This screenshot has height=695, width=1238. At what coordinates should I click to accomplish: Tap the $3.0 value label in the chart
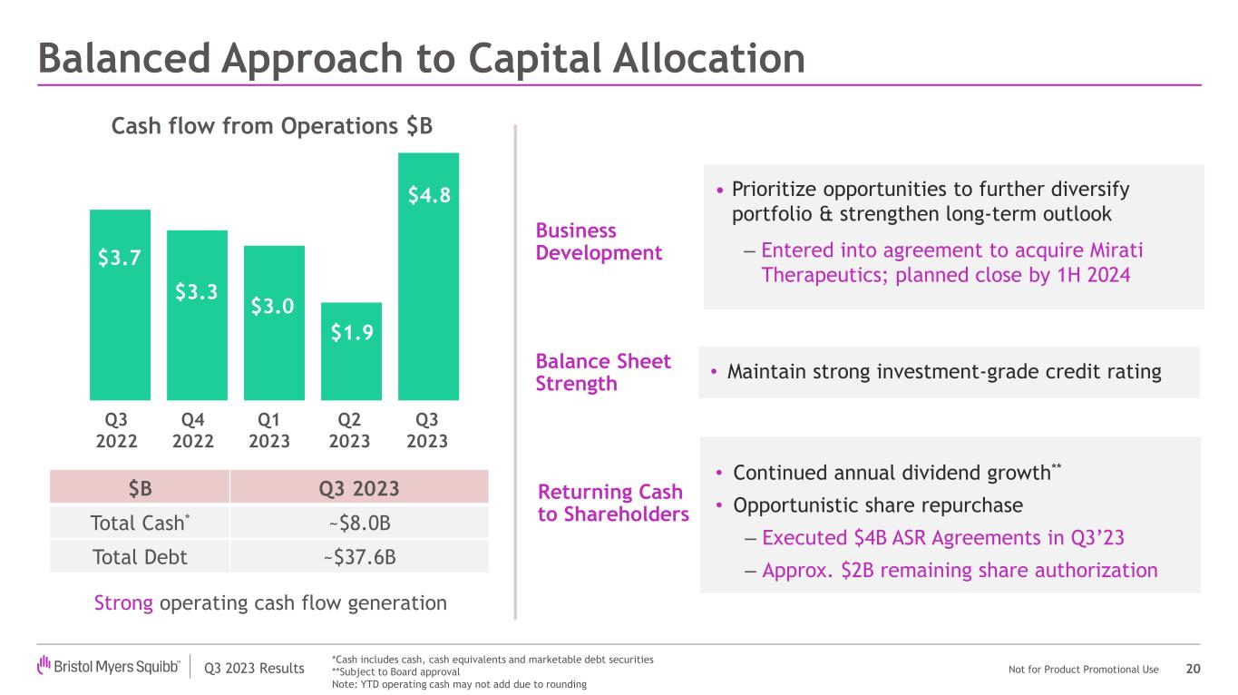(x=273, y=306)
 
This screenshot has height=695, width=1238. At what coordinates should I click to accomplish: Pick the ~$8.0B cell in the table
(x=358, y=523)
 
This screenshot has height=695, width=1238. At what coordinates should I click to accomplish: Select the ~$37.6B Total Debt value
(x=358, y=556)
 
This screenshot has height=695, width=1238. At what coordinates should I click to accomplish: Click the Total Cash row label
(x=140, y=523)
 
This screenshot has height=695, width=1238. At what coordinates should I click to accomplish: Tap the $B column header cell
(x=140, y=489)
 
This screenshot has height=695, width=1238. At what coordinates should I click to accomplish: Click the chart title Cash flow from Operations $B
(x=271, y=127)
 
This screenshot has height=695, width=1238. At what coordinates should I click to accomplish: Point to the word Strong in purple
(x=123, y=602)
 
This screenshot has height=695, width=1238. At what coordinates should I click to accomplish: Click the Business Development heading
(x=599, y=241)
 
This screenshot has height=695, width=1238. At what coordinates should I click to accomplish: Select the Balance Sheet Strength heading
(x=603, y=372)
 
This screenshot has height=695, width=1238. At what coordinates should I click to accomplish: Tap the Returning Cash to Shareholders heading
(x=613, y=503)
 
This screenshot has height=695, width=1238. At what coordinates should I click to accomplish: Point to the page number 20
(x=1193, y=669)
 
